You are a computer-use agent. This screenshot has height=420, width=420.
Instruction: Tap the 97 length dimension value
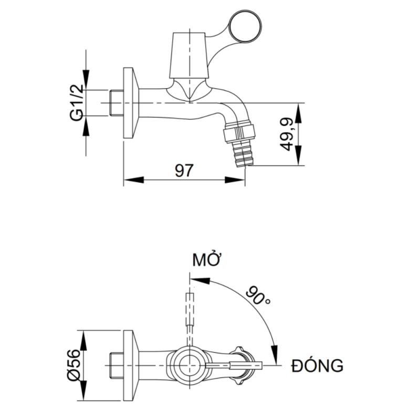tap(184, 171)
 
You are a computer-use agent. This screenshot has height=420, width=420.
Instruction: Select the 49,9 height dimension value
tap(287, 134)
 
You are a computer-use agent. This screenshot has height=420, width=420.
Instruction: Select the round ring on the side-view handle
tap(244, 26)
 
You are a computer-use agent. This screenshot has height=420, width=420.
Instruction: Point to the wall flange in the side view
tap(130, 103)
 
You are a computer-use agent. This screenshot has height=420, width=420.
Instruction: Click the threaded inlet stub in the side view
tap(117, 103)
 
